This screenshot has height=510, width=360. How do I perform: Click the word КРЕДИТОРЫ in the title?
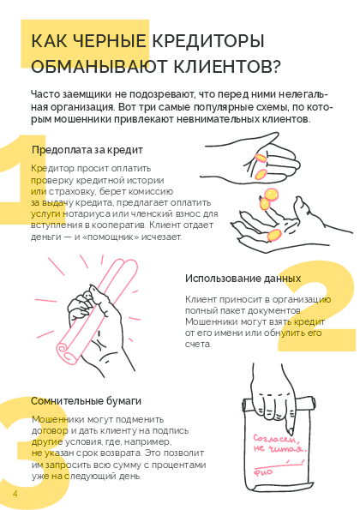click(x=208, y=41)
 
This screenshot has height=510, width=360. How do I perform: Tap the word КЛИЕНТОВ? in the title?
click(x=226, y=66)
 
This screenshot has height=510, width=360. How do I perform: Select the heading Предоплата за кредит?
click(x=87, y=150)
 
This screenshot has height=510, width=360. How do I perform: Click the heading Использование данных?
click(x=243, y=279)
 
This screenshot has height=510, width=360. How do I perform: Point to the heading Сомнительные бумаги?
click(x=87, y=401)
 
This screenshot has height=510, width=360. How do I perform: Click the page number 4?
click(x=15, y=494)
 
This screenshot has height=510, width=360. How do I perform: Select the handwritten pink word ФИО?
click(x=263, y=472)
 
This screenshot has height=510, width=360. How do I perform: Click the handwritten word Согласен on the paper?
click(x=275, y=439)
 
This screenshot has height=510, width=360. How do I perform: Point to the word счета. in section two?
click(x=198, y=344)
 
